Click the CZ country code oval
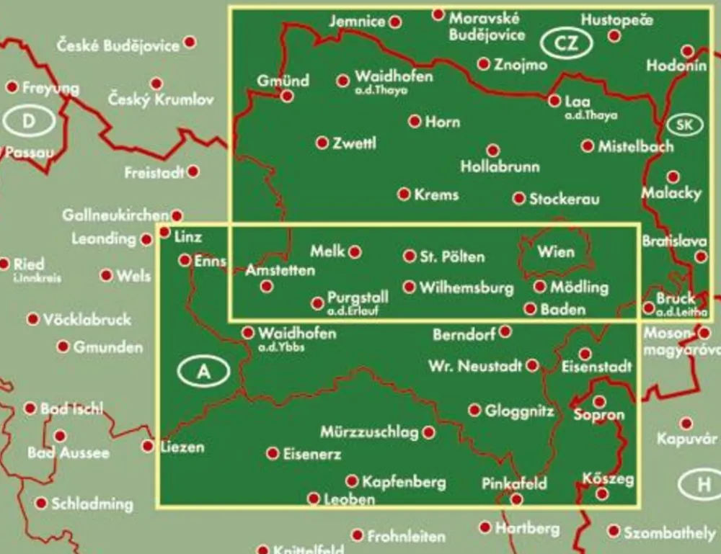pos(567,43)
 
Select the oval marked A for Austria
pos(205,372)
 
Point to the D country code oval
pos(28,121)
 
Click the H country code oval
pos(703,485)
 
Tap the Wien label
pos(556,251)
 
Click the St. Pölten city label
pos(453,256)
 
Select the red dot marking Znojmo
pos(484,64)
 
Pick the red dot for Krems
pos(404,194)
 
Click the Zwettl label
pos(355,143)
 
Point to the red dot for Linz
pos(164,232)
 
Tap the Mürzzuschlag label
pos(370,432)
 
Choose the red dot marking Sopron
pos(599,401)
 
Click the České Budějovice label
pos(118,45)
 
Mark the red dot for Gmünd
pos(287,96)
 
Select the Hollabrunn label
pos(500,167)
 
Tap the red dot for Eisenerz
pos(273,453)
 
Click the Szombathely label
pos(669,532)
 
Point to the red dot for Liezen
pos(149,447)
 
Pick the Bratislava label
pos(675,241)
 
